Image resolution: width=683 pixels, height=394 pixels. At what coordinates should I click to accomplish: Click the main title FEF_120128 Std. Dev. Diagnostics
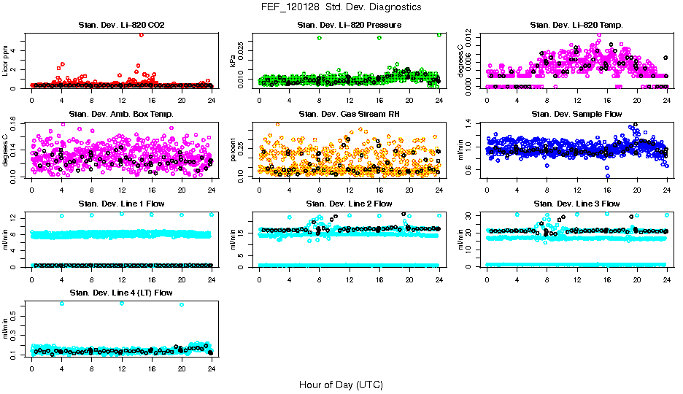[341, 7]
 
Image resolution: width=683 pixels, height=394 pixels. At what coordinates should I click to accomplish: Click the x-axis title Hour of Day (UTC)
[341, 384]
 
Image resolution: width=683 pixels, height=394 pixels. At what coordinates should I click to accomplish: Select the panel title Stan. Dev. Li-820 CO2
[121, 26]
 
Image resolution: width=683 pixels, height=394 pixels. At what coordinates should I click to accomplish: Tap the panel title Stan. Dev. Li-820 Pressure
[349, 26]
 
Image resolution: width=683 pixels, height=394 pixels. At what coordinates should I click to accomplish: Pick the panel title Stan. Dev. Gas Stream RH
[349, 114]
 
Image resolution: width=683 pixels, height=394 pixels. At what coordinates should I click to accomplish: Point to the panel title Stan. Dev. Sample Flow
[576, 114]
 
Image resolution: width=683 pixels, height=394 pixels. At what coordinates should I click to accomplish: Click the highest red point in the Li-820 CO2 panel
[141, 34]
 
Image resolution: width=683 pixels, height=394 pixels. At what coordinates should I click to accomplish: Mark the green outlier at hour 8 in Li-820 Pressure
[320, 38]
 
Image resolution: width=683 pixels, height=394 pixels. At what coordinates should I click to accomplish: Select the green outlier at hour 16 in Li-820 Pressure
[379, 38]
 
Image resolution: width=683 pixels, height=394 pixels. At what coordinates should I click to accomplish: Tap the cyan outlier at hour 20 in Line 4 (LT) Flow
[182, 304]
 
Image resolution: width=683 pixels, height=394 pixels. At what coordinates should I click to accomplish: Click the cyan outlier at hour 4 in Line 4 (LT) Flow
[62, 304]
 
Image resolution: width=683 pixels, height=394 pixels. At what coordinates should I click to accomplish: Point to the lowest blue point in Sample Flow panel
[607, 176]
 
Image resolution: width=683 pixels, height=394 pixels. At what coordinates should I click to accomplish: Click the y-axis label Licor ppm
[6, 60]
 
